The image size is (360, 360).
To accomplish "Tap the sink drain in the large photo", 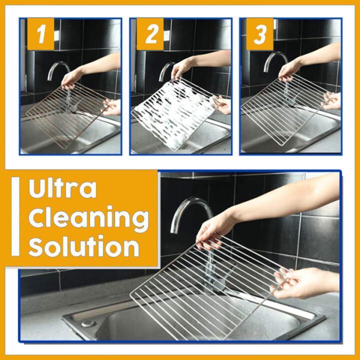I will tap(89, 324).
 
